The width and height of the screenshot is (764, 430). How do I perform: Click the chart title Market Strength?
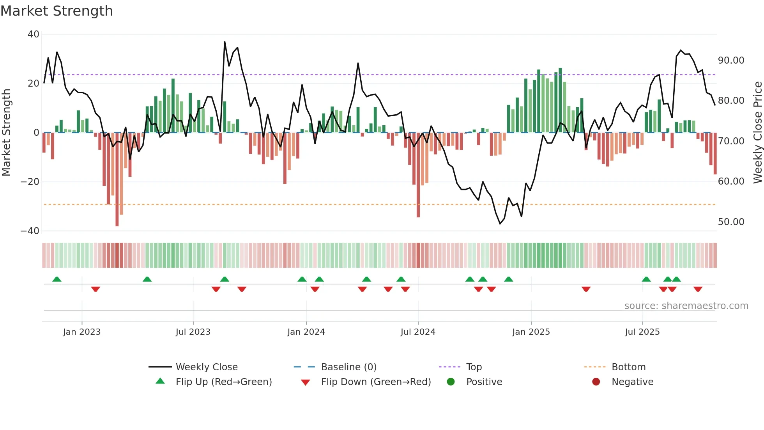point(57,11)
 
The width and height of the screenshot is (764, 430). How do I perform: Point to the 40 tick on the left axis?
point(34,34)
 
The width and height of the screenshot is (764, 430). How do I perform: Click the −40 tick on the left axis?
point(30,231)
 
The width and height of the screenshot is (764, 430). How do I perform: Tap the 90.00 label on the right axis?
point(731,60)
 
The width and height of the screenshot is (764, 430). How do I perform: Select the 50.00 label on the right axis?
point(731,222)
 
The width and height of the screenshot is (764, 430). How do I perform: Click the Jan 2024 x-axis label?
point(306,332)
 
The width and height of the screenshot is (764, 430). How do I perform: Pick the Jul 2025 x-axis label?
point(642,332)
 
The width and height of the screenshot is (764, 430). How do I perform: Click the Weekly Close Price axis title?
point(757,133)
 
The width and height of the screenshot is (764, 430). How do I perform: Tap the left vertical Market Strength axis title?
point(7,133)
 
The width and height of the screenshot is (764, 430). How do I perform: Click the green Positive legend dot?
point(451,382)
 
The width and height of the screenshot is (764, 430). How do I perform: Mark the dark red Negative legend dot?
point(596,382)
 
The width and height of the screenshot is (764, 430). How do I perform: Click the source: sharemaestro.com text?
point(686,306)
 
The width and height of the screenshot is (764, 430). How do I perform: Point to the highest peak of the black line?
point(225,42)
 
